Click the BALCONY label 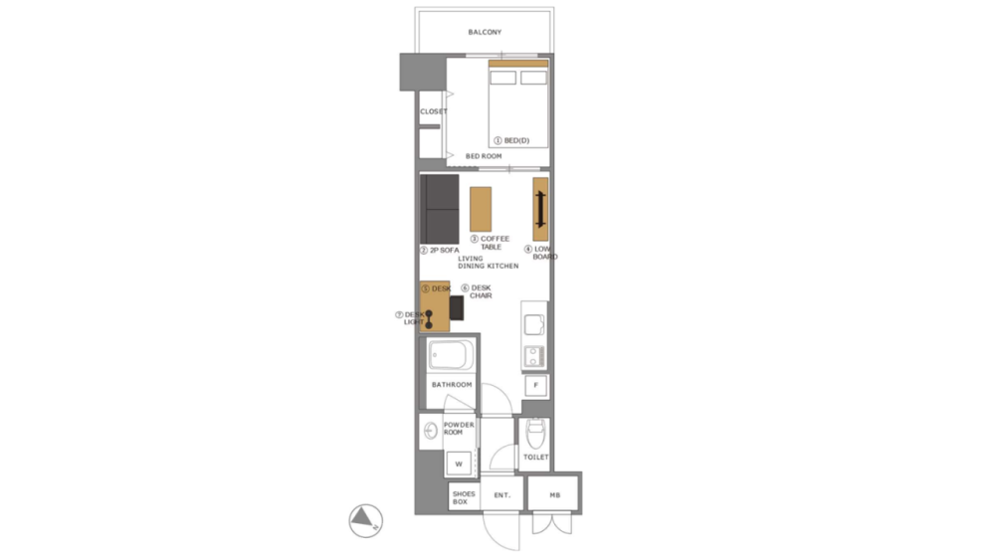click(x=485, y=33)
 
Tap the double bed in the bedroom click(x=517, y=104)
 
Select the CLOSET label click(x=433, y=111)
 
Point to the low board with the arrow click(x=540, y=209)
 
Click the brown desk click(x=434, y=308)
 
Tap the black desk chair click(x=458, y=308)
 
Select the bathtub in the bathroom click(x=454, y=354)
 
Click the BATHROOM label click(x=452, y=384)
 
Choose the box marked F click(x=536, y=385)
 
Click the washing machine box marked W click(x=459, y=464)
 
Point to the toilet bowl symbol click(x=536, y=434)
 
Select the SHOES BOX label click(x=464, y=497)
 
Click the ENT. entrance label click(x=502, y=494)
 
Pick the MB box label click(x=554, y=494)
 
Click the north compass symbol click(x=365, y=518)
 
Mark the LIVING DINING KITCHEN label click(x=488, y=263)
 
